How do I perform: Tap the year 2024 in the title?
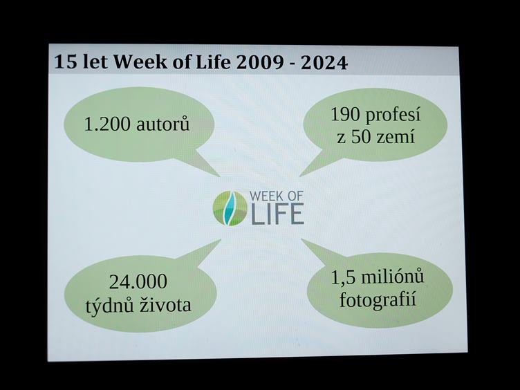coord(324,63)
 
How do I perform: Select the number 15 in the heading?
coord(66,62)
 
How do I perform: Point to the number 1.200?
coord(107,124)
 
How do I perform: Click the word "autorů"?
coord(162,124)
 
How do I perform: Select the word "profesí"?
coord(393,115)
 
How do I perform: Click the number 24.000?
coord(138,281)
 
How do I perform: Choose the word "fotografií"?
coord(378,299)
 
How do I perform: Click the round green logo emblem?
coord(230,208)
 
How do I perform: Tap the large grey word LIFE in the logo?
coord(277,214)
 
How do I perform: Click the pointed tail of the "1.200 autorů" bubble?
coord(219,176)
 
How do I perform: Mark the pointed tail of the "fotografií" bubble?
coord(301,239)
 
